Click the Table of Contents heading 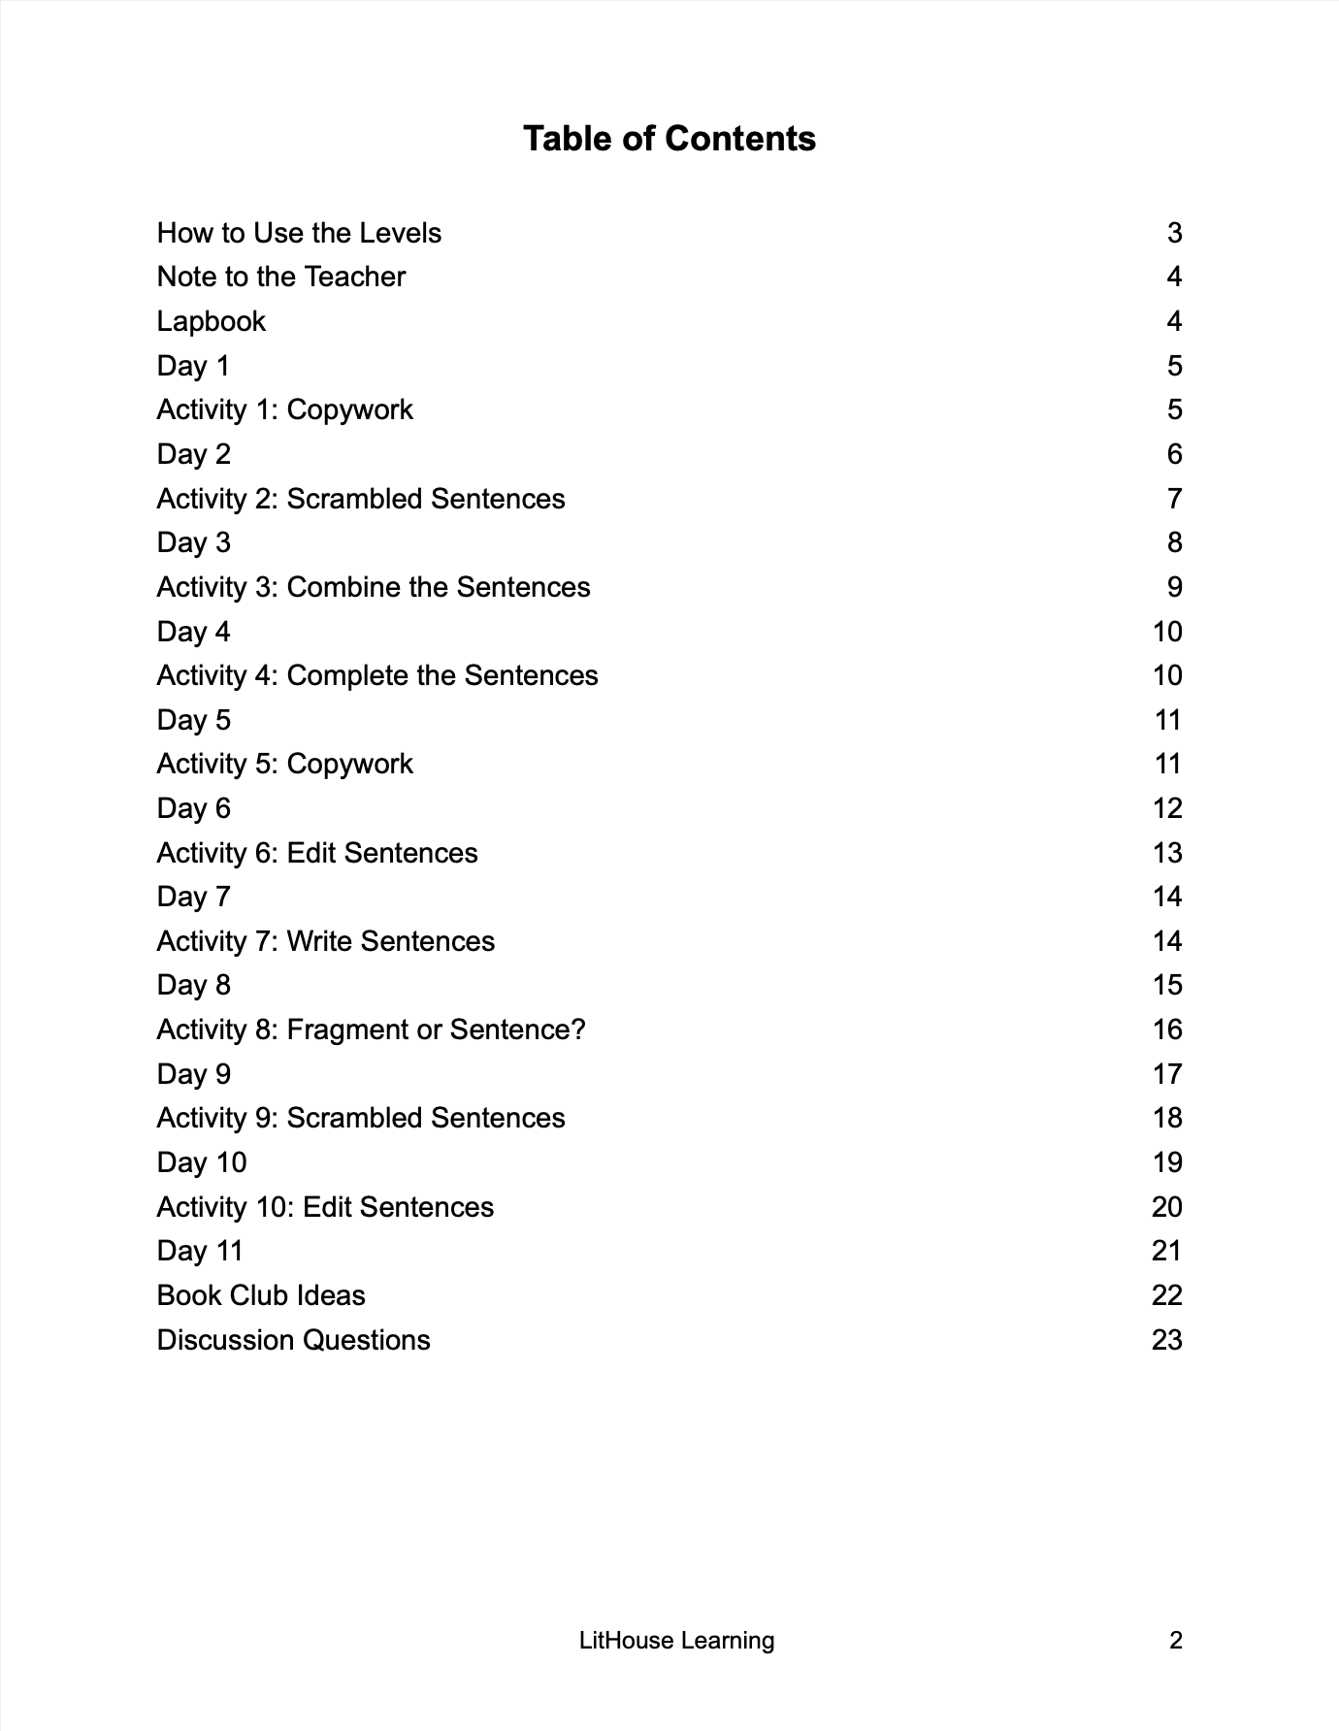(669, 139)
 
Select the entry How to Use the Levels (299, 233)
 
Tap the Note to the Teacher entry (281, 278)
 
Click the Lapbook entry (211, 321)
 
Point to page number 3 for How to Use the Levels (1174, 233)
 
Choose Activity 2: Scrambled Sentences (361, 499)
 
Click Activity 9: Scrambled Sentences (361, 1118)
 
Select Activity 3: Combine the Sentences (374, 587)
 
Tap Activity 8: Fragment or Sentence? (372, 1029)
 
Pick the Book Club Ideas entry (261, 1295)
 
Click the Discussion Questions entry (293, 1340)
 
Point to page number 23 (1166, 1340)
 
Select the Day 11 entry (200, 1251)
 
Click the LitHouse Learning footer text (676, 1641)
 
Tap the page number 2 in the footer (1176, 1641)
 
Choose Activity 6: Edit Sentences (317, 853)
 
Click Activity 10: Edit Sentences (325, 1207)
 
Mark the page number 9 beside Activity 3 (1174, 587)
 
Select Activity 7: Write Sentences (326, 941)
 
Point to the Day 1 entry (193, 366)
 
